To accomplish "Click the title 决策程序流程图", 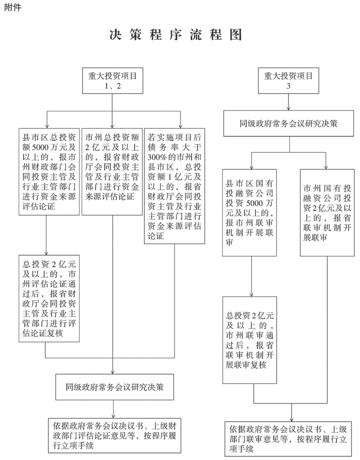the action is point(176,35).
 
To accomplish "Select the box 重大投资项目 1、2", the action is point(113,81).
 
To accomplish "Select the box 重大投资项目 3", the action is point(288,81).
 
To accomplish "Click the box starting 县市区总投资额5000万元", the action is point(49,172).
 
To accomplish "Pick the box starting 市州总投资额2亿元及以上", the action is point(112,172).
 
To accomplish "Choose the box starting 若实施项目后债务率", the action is point(174,186).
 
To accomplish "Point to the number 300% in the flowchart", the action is point(157,157).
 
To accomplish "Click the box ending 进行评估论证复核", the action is point(49,298).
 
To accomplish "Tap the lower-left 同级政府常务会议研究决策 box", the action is point(114,387).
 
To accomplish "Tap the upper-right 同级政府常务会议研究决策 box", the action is point(288,123).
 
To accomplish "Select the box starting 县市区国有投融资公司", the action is point(249,213).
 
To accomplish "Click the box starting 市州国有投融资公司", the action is point(327,213).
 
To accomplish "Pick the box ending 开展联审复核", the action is point(249,340).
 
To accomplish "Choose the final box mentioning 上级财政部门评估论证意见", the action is point(114,435).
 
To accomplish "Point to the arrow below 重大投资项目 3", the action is point(289,102).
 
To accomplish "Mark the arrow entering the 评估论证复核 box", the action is point(46,235).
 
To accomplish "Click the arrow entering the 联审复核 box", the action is point(251,277).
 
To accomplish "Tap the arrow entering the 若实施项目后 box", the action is point(180,120).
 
